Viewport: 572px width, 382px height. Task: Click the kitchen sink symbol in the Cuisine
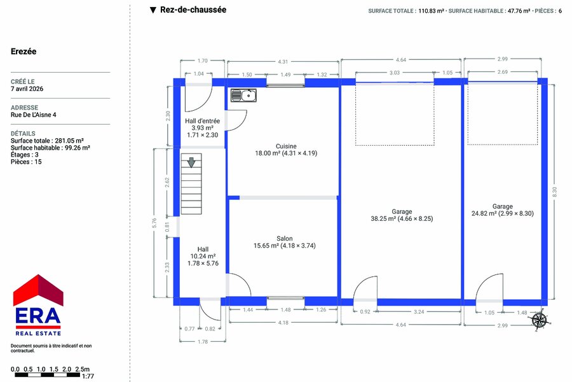(x=243, y=95)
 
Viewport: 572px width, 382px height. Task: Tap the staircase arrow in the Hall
(x=191, y=162)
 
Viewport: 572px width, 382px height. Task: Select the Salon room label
(x=285, y=238)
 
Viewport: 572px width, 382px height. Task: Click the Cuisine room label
(x=286, y=146)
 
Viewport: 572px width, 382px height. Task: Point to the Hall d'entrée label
(x=203, y=121)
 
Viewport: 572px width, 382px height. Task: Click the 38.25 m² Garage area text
(x=402, y=218)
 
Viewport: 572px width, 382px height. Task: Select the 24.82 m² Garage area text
(x=502, y=213)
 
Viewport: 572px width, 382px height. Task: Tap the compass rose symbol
(x=539, y=320)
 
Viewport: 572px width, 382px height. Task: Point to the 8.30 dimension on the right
(x=554, y=192)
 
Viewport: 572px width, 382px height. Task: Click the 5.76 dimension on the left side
(x=154, y=223)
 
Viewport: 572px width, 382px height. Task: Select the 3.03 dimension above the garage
(x=394, y=73)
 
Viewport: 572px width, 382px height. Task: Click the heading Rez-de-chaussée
(x=193, y=10)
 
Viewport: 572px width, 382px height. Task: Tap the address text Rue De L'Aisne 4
(x=34, y=115)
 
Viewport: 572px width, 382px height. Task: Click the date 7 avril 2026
(x=27, y=89)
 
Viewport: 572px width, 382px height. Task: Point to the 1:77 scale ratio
(x=88, y=376)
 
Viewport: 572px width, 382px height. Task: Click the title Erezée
(x=24, y=52)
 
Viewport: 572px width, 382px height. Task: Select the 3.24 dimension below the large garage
(x=419, y=312)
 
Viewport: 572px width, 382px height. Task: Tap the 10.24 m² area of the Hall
(x=203, y=256)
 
